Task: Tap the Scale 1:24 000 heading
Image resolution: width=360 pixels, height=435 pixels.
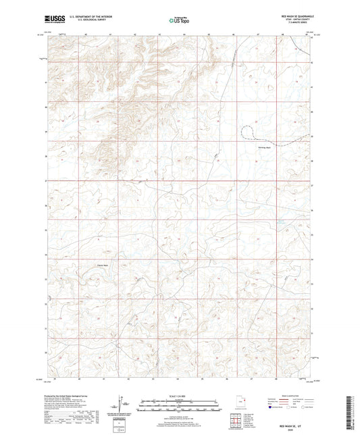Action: click(180, 395)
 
